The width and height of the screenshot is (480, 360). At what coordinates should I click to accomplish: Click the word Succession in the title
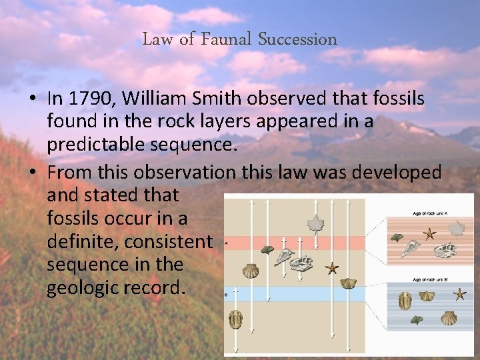point(297,39)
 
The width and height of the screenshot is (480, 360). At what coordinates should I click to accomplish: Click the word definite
point(83,241)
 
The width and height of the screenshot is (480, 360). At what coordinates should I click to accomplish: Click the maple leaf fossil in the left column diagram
point(315,224)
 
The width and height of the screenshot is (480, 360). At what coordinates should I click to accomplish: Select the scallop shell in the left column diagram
point(251,270)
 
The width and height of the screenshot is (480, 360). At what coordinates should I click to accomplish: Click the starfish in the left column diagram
point(331,268)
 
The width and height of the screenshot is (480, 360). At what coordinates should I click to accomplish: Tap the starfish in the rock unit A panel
point(430,233)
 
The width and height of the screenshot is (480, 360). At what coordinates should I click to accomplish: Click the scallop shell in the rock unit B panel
point(448,318)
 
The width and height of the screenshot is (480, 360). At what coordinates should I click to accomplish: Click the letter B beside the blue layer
point(227,293)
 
